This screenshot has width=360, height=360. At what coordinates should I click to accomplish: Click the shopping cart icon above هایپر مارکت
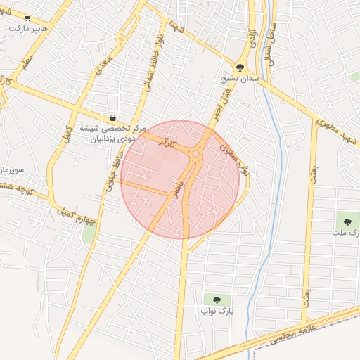pyautogui.click(x=27, y=18)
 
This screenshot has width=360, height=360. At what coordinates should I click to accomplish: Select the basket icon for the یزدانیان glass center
pyautogui.click(x=113, y=118)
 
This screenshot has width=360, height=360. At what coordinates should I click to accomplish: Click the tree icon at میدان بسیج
pyautogui.click(x=241, y=67)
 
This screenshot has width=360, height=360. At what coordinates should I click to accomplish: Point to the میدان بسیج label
pyautogui.click(x=242, y=79)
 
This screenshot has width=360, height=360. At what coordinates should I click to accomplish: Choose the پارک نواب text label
pyautogui.click(x=216, y=311)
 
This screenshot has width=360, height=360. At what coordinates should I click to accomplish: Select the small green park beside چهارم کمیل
pyautogui.click(x=89, y=233)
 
